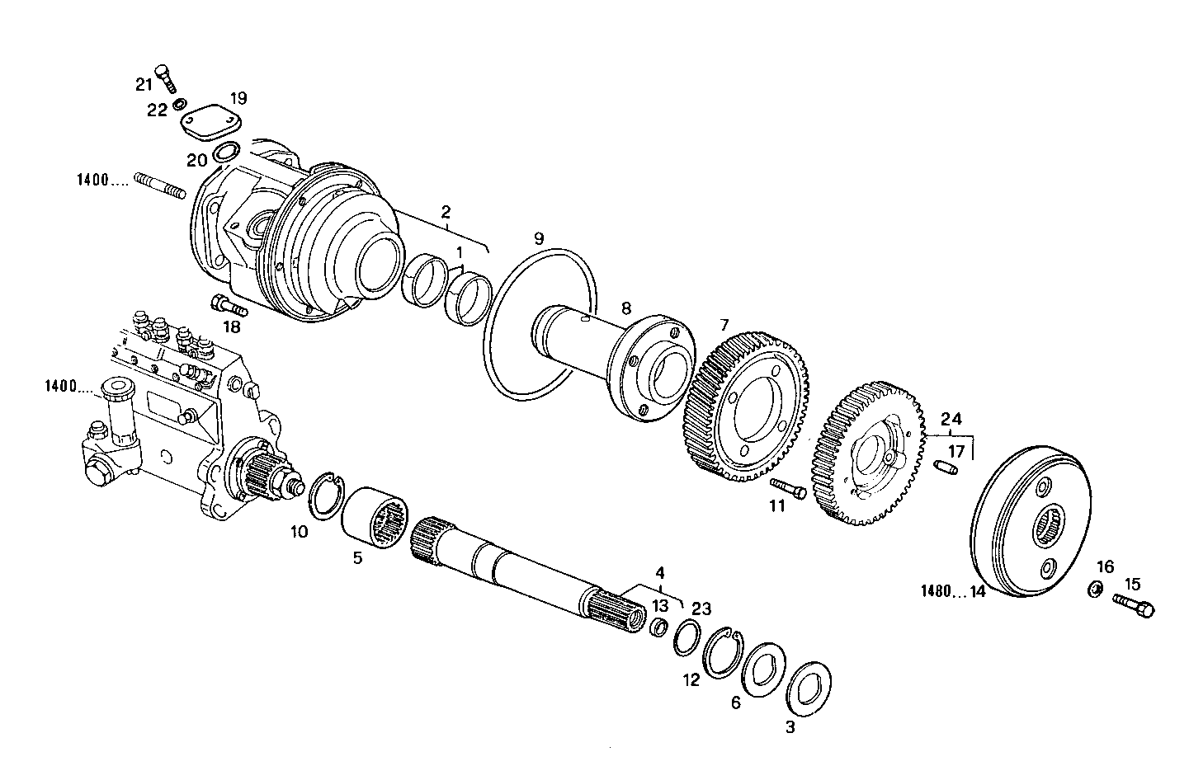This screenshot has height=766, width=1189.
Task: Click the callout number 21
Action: click(x=144, y=83)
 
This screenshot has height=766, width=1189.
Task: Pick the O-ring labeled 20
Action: click(x=226, y=153)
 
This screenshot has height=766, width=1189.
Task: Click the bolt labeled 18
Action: click(x=229, y=306)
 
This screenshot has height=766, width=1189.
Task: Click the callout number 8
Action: click(x=625, y=308)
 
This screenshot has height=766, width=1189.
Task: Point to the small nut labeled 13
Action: click(x=659, y=629)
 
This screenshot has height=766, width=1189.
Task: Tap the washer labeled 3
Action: click(x=809, y=685)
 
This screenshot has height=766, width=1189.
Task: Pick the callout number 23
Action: click(x=701, y=609)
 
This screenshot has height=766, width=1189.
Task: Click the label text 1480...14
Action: click(x=953, y=591)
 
